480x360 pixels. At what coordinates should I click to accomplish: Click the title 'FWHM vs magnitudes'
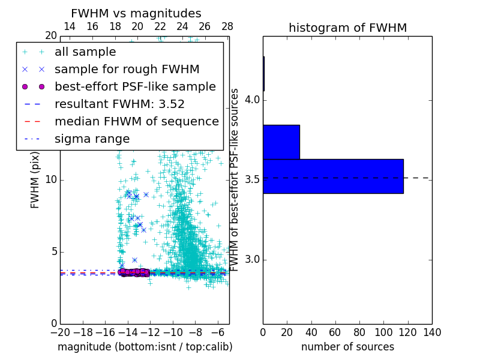pos(136,13)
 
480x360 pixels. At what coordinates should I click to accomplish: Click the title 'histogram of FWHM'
pos(347,28)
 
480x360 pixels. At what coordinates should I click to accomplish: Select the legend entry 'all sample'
pos(85,52)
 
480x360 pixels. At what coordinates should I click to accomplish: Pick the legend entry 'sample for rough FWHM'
pos(127,69)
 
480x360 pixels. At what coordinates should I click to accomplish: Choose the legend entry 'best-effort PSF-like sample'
pos(135,86)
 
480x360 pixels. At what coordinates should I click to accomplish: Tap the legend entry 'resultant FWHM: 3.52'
pos(119,104)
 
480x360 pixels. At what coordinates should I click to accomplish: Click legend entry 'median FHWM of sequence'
pos(136,121)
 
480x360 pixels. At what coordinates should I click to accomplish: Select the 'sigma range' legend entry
pos(92,139)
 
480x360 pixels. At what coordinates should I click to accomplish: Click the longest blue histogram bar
pos(333,176)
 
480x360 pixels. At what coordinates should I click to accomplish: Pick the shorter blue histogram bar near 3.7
pos(281,142)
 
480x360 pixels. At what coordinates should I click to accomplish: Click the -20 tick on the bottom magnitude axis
pos(60,332)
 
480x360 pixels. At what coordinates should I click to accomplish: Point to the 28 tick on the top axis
pos(227,26)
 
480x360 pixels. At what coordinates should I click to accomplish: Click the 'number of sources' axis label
pos(347,347)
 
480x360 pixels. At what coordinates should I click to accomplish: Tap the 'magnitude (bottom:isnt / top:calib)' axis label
pos(145,347)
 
